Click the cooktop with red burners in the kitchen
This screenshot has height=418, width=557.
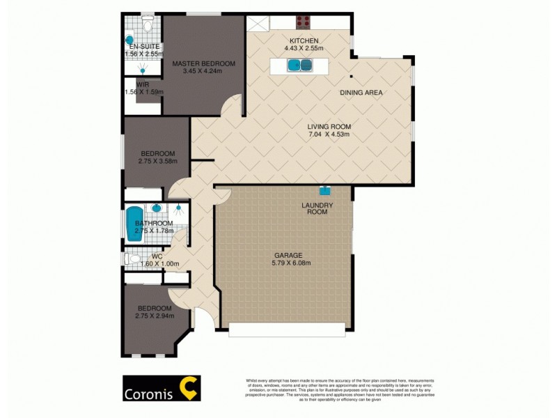(304, 22)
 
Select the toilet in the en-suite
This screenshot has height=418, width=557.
(146, 25)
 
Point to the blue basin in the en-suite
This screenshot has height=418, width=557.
(129, 40)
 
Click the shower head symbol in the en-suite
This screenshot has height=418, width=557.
(143, 70)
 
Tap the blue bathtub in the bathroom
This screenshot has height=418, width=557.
(134, 224)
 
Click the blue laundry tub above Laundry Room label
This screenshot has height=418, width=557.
(324, 189)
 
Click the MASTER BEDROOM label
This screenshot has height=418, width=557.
(204, 63)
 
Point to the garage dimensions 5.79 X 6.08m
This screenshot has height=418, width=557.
(291, 263)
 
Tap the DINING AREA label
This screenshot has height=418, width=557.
(361, 93)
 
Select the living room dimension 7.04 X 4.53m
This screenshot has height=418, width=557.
(329, 135)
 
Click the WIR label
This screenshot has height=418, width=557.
(143, 84)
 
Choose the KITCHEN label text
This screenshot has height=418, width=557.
(304, 41)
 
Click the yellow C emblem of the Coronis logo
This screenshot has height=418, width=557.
(189, 388)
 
